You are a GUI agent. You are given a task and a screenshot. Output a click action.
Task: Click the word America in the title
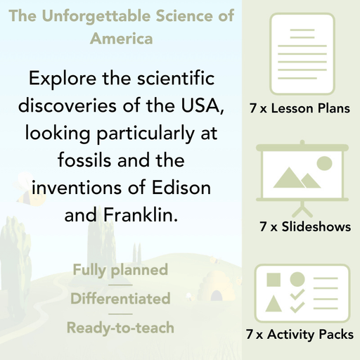click(121, 38)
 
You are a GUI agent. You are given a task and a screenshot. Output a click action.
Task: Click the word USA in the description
click(199, 105)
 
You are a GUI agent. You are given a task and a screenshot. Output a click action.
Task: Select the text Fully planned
click(120, 269)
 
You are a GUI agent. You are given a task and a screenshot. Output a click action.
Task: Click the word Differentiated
click(120, 298)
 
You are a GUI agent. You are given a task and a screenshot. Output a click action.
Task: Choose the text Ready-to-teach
click(120, 327)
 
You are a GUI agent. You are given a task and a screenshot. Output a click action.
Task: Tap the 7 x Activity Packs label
click(300, 335)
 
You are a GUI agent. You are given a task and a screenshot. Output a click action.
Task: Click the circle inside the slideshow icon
click(324, 163)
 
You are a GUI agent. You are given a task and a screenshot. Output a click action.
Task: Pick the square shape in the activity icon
click(274, 279)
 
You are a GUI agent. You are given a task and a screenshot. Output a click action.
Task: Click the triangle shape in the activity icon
click(274, 304)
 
